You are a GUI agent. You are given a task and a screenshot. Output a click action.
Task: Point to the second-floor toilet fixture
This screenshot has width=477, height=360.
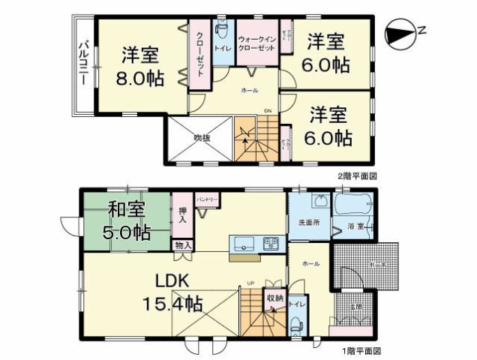tap(223, 32)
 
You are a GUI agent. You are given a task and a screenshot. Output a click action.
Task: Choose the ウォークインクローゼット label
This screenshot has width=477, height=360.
tap(256, 43)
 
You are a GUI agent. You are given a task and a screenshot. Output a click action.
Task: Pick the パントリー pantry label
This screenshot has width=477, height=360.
tap(206, 199)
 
